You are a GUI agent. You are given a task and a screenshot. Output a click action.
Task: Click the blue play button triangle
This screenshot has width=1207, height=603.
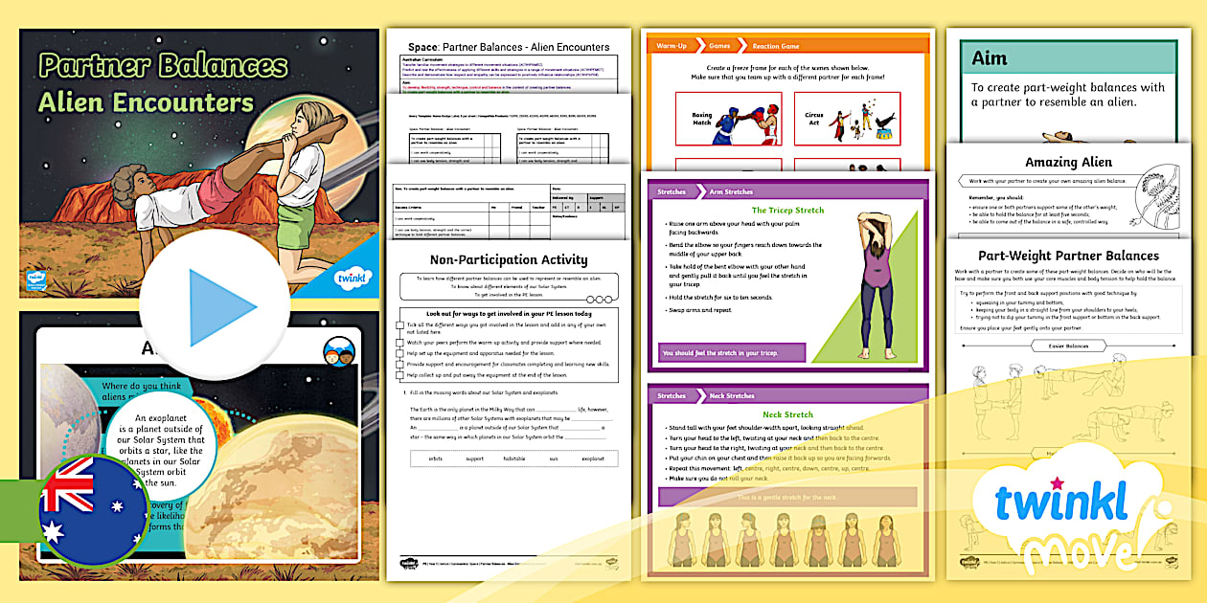[221, 305]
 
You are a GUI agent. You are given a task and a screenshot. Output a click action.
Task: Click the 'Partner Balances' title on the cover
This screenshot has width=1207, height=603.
[163, 66]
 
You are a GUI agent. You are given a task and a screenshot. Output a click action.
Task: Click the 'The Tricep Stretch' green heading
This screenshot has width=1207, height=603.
[787, 210]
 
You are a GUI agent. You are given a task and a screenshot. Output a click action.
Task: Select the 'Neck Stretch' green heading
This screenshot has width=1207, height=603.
[787, 415]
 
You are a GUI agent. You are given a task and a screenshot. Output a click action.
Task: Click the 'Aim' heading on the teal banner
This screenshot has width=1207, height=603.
[990, 58]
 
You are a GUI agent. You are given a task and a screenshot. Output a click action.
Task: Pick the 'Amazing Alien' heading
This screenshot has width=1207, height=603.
[1068, 162]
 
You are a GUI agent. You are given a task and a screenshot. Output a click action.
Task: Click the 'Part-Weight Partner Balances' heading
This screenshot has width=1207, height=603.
[1068, 256]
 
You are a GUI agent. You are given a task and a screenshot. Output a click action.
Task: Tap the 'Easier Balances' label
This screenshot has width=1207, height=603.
[1068, 346]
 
